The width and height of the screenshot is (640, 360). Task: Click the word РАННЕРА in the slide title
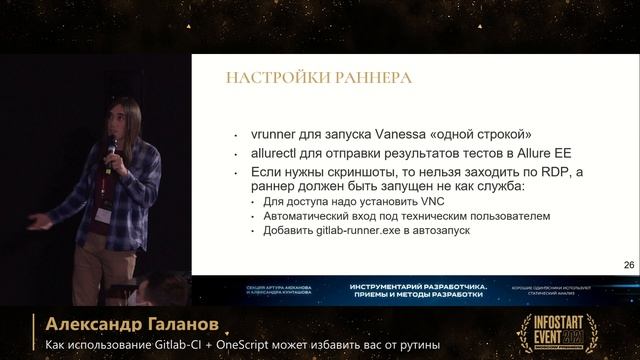(x=355, y=78)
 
